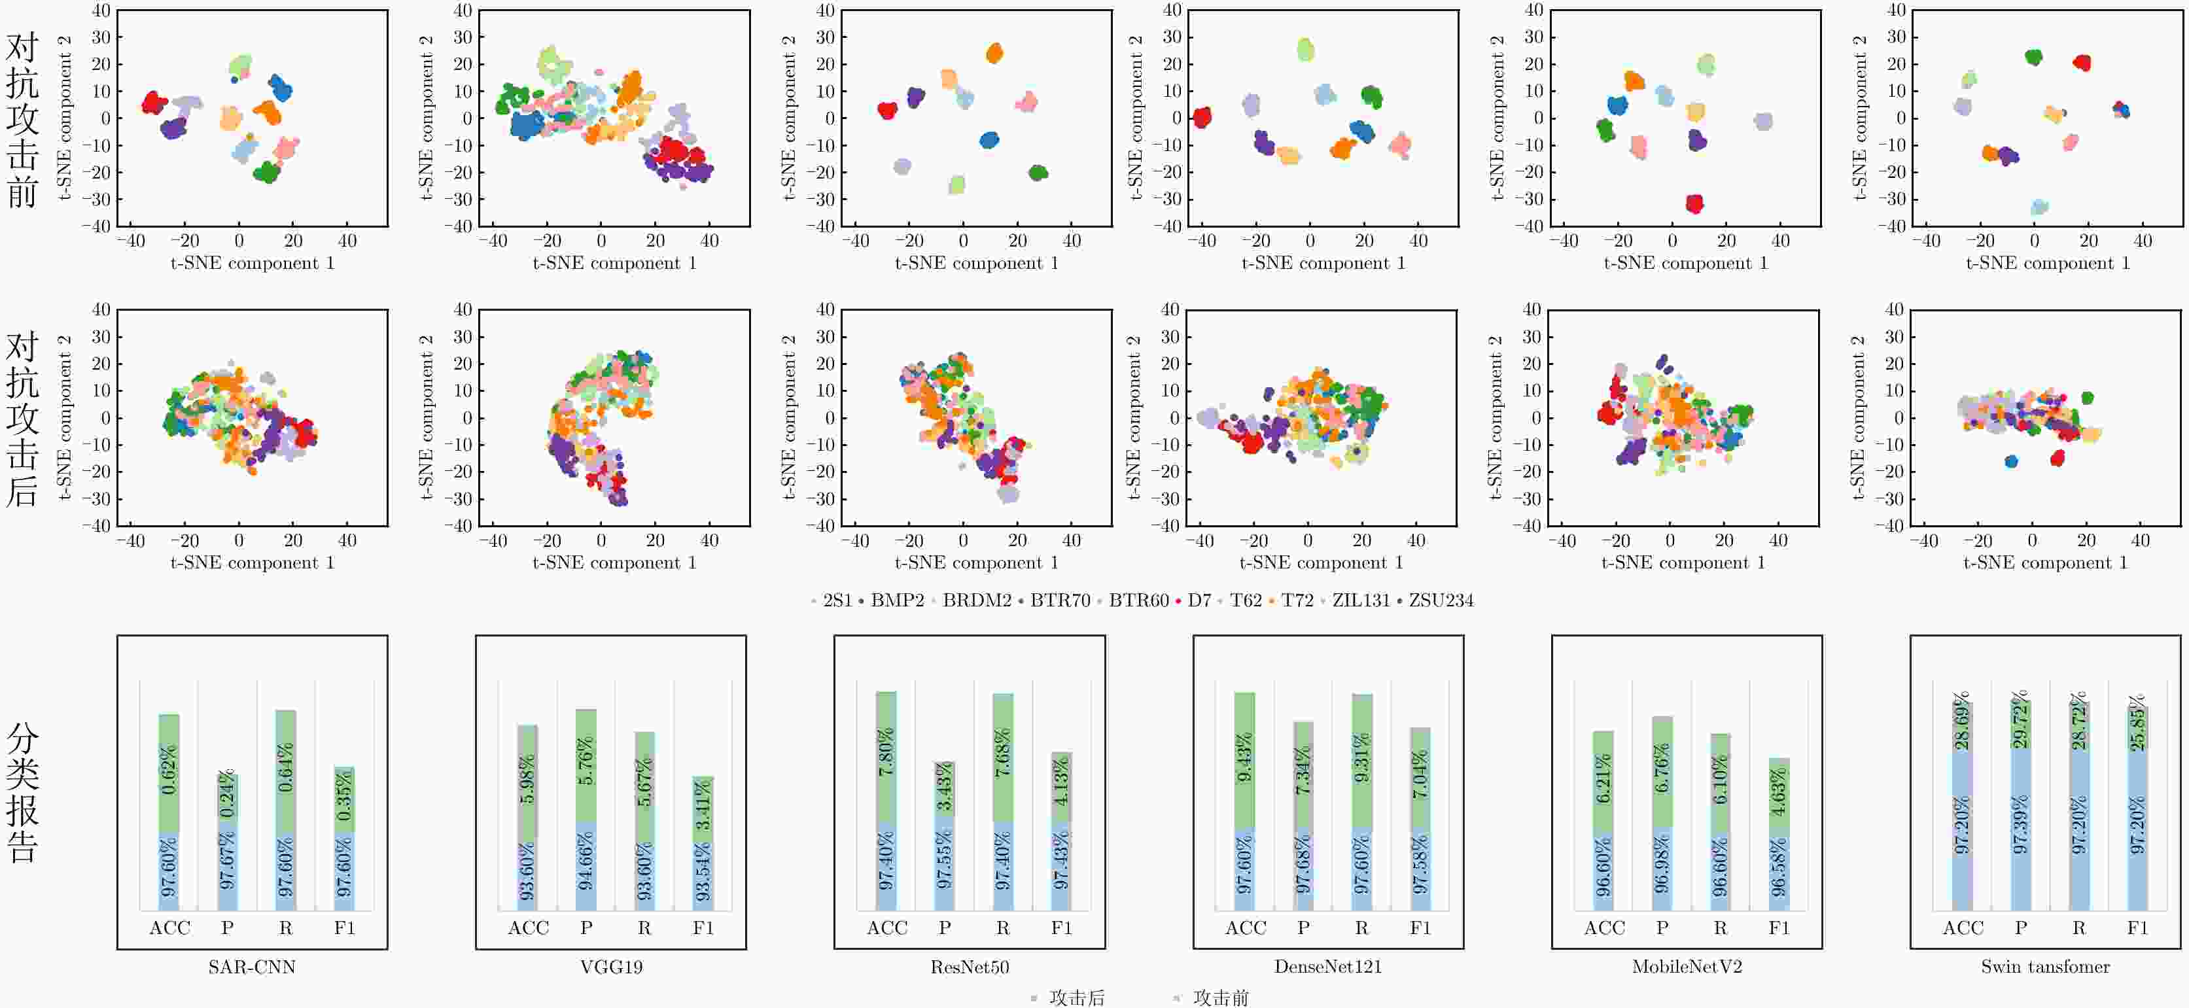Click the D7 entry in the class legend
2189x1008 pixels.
point(1198,600)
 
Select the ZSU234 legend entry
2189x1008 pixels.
point(1441,600)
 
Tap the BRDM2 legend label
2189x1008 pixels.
point(976,600)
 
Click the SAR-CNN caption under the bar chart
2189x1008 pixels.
point(251,966)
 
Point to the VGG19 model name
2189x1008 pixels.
point(611,966)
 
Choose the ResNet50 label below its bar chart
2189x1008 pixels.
point(970,966)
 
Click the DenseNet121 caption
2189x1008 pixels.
point(1328,966)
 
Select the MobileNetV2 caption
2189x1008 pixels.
point(1687,966)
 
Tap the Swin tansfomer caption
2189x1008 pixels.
point(2045,966)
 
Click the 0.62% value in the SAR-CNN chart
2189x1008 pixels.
point(169,769)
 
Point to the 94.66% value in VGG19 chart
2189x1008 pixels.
point(586,860)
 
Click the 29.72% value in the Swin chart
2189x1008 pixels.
point(2021,719)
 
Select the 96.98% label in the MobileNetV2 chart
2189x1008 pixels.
point(1662,863)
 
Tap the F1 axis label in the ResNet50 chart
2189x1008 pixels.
point(1061,928)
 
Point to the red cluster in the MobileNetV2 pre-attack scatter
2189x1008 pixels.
point(1694,203)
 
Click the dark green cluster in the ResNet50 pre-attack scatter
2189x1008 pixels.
point(1038,173)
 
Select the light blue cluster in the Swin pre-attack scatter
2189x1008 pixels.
point(2039,207)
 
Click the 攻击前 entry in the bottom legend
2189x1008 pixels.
point(1220,998)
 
